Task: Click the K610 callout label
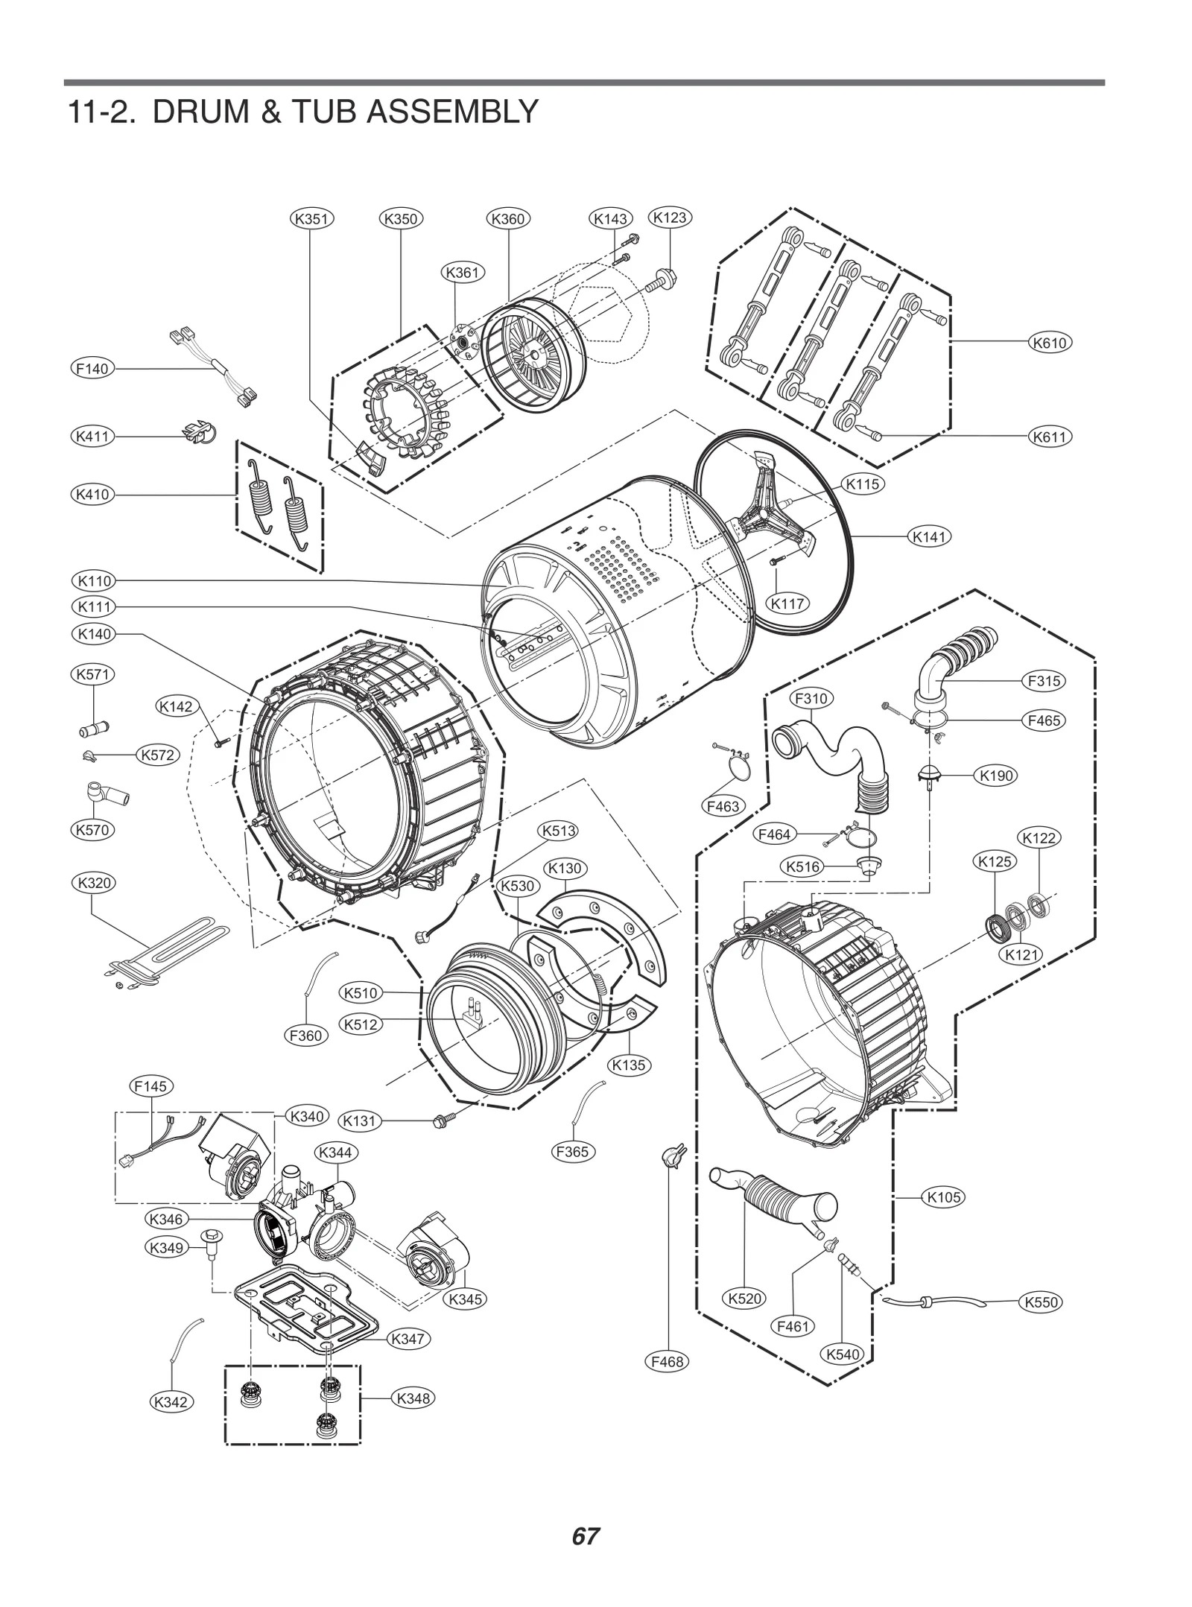tap(1049, 343)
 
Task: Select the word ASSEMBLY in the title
tap(452, 112)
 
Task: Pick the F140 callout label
tap(92, 368)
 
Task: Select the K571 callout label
tap(92, 675)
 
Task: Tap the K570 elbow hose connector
tap(104, 795)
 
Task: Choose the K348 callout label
tap(413, 1398)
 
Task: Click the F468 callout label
tap(667, 1361)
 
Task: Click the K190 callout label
tap(997, 776)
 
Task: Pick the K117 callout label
tap(787, 603)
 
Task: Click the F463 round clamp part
tap(738, 767)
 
